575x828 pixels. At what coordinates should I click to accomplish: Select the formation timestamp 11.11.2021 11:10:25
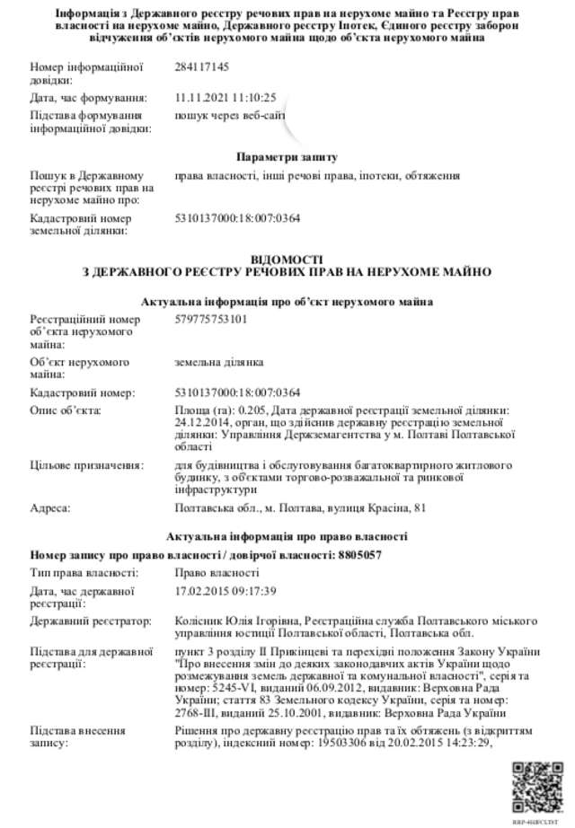pyautogui.click(x=225, y=97)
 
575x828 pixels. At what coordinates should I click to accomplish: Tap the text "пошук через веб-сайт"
pyautogui.click(x=231, y=115)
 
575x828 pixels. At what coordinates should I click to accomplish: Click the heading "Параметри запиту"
pyautogui.click(x=287, y=157)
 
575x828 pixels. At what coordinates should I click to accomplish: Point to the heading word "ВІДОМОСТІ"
pyautogui.click(x=287, y=259)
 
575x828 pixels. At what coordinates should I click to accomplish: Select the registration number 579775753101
pyautogui.click(x=210, y=319)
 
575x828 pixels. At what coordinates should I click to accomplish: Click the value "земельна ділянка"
pyautogui.click(x=218, y=362)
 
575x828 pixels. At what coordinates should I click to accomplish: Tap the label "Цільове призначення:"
pyautogui.click(x=86, y=466)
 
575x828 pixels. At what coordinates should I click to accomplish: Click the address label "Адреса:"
pyautogui.click(x=50, y=509)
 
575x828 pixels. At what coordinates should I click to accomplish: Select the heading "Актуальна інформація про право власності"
pyautogui.click(x=287, y=537)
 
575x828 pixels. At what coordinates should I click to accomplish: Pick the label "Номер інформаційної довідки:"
pyautogui.click(x=75, y=74)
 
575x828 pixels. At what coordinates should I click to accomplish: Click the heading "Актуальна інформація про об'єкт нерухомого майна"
pyautogui.click(x=287, y=302)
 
